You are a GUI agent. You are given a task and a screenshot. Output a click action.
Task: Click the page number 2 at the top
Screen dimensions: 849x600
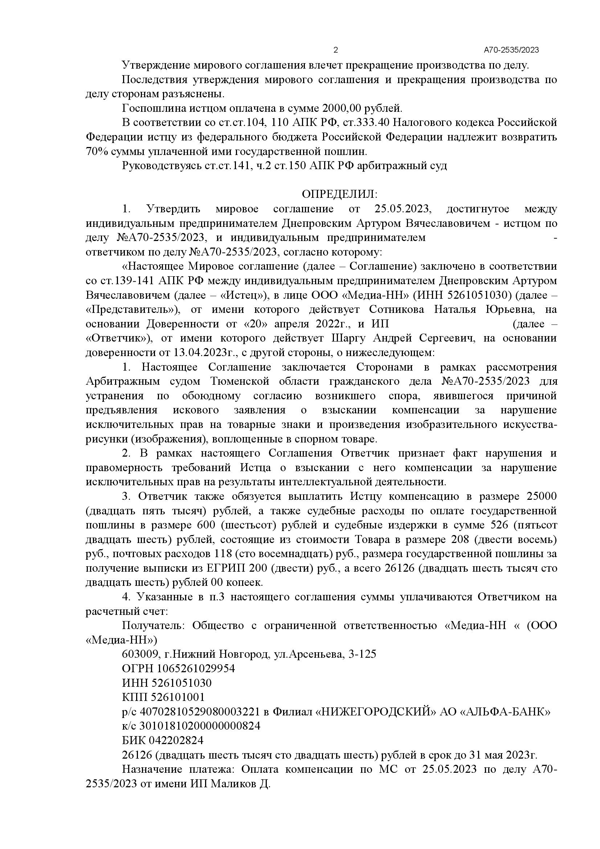coord(336,50)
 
